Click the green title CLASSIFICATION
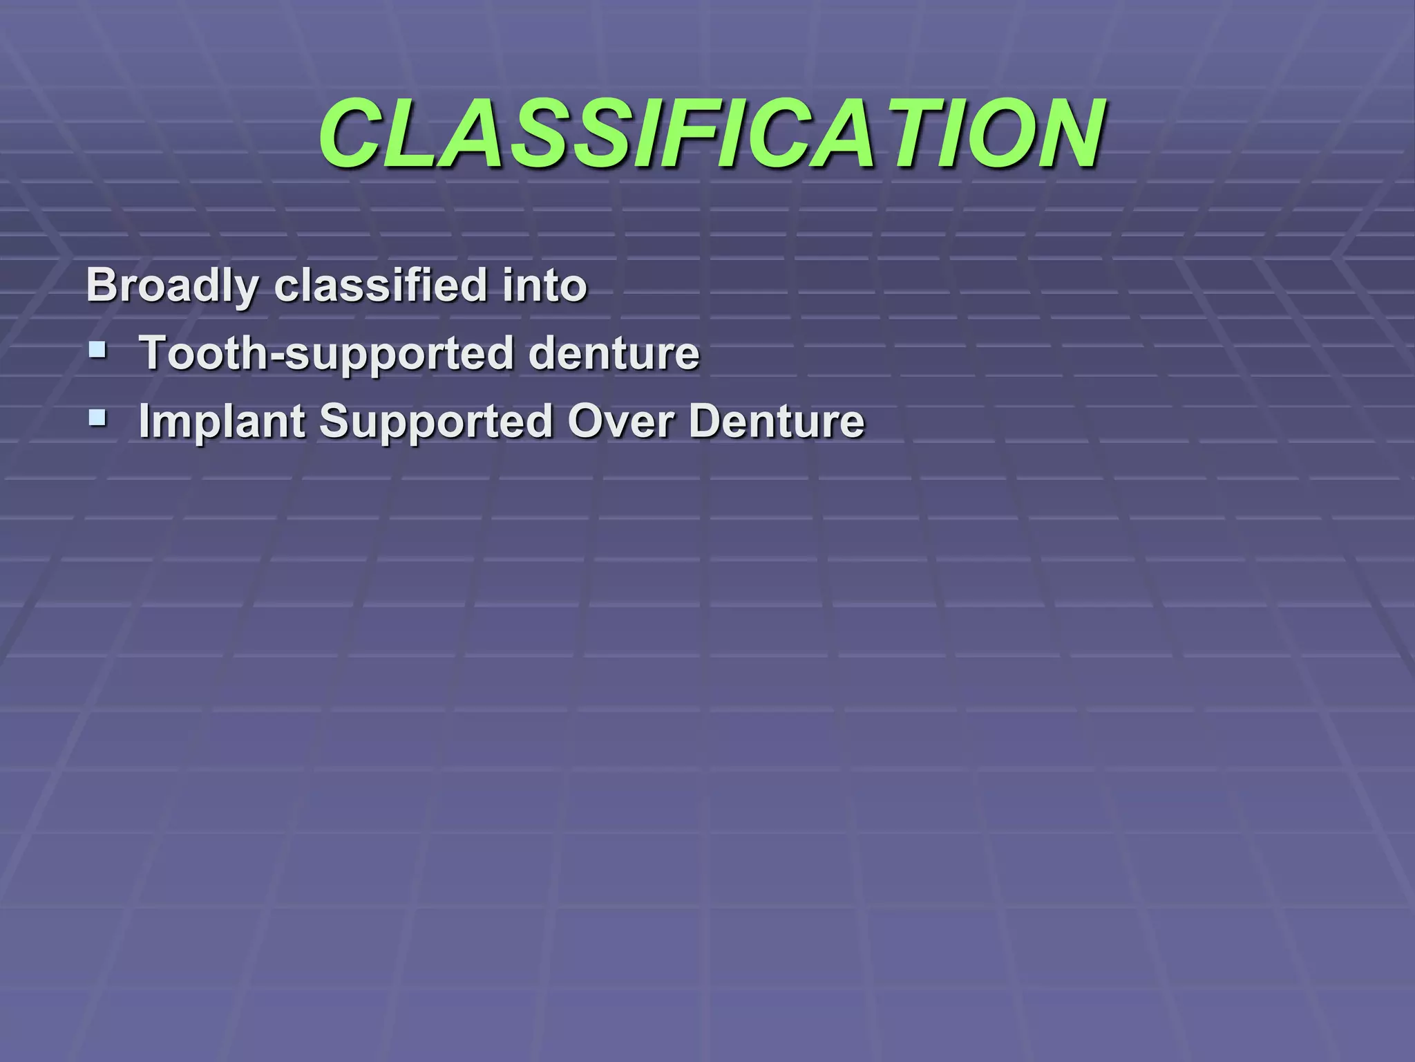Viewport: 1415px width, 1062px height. click(712, 133)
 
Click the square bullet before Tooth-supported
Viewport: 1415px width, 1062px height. click(97, 349)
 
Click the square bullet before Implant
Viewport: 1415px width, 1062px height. click(97, 417)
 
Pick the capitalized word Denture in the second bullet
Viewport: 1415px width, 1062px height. click(777, 420)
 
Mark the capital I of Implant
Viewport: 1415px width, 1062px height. click(144, 420)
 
